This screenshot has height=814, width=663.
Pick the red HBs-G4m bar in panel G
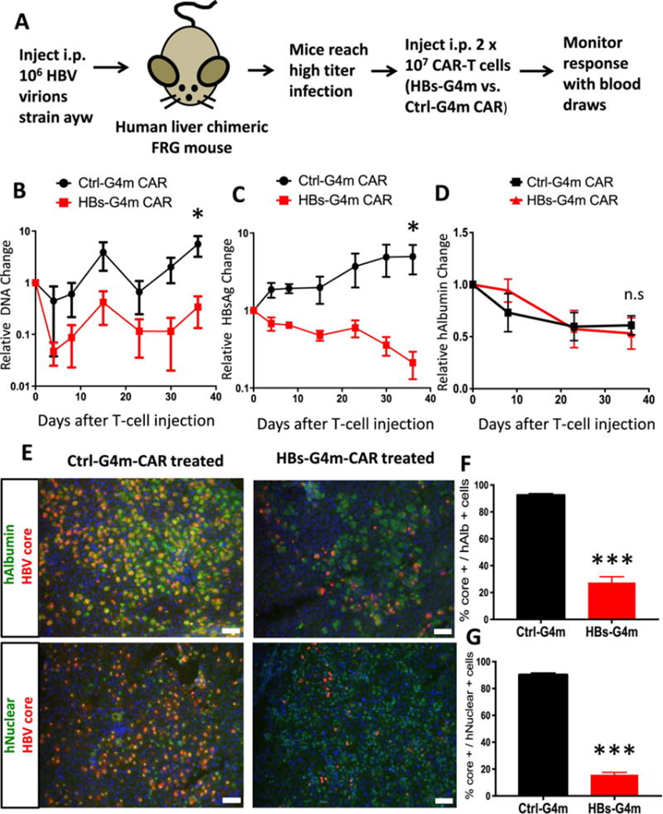coord(613,784)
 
